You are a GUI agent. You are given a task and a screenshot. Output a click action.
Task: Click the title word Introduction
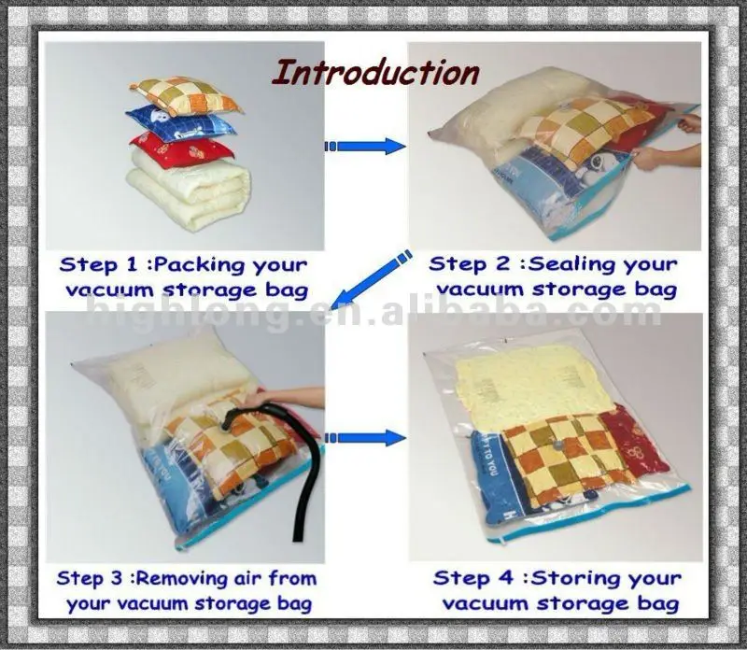pos(374,71)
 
